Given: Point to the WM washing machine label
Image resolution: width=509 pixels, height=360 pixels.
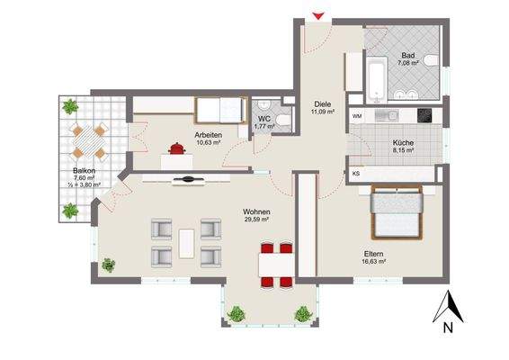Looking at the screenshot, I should [x=357, y=117].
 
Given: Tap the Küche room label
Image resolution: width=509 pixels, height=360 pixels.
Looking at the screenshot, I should [x=402, y=142].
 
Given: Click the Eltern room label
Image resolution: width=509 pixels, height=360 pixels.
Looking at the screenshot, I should [x=374, y=254].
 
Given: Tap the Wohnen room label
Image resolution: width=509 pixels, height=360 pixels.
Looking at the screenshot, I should [x=256, y=212].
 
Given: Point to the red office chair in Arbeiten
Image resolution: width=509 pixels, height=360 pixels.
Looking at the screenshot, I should [x=176, y=148].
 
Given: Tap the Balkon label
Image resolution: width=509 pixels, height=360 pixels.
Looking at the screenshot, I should [x=74, y=169].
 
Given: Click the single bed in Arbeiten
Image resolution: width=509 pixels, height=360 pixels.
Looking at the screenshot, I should [x=220, y=111].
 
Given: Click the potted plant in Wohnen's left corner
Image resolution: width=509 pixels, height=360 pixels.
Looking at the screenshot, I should [x=109, y=264].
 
